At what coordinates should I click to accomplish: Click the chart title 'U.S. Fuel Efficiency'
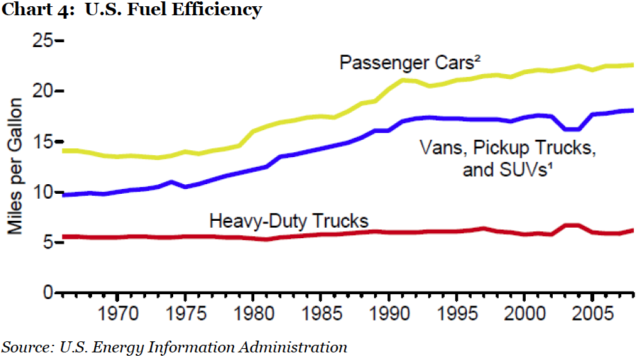132,10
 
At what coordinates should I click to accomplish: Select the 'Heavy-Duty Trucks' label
289,221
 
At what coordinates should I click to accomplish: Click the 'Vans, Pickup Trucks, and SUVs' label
508,158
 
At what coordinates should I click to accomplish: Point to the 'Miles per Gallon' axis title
15,165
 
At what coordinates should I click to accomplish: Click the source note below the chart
175,347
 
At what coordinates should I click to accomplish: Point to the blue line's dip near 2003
572,129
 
